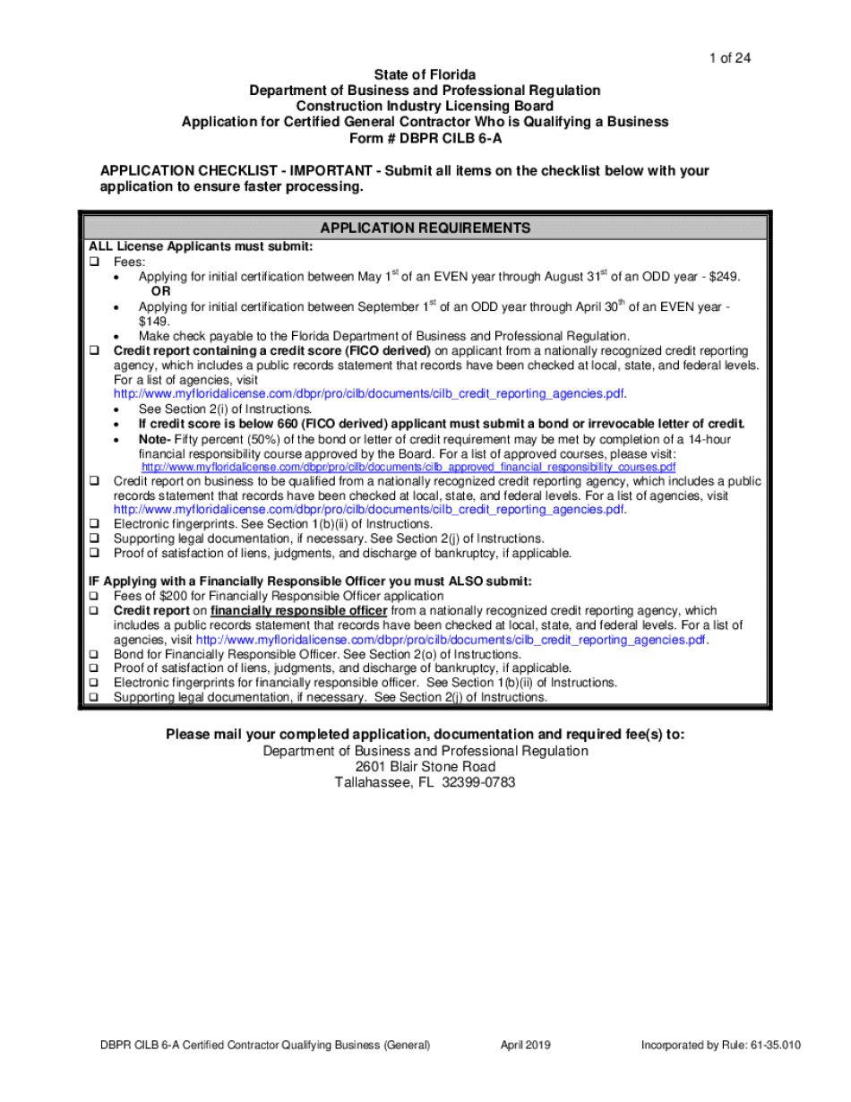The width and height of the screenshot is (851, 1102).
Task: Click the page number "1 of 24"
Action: pos(728,58)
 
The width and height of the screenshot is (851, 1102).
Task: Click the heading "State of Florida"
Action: pos(425,74)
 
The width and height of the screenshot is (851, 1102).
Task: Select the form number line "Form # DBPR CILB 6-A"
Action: pos(425,139)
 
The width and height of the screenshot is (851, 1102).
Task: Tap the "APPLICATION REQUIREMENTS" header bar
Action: pos(425,228)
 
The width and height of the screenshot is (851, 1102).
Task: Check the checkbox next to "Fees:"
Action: pos(93,262)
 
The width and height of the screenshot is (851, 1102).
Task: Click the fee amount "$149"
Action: pos(153,321)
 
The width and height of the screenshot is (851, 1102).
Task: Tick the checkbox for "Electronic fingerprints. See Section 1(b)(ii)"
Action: pos(93,524)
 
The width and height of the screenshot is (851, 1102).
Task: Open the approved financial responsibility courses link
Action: pos(408,468)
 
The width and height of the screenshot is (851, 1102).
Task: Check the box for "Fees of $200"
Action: pos(93,596)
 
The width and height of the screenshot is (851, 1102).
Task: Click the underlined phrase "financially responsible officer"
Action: pos(298,610)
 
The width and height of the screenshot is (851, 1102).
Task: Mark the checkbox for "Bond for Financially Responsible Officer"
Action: pos(93,654)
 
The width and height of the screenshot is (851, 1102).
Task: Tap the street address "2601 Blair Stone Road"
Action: pos(425,767)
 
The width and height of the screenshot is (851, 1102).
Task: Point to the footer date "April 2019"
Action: pos(525,1045)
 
